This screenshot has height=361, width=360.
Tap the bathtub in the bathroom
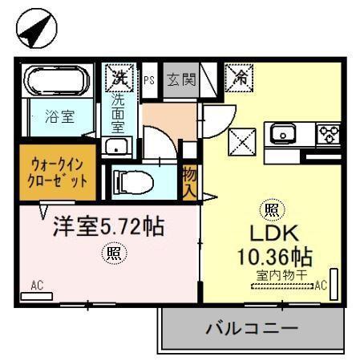coord(58,81)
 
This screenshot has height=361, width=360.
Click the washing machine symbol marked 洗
coord(119,78)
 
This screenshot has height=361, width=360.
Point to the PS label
coord(149,79)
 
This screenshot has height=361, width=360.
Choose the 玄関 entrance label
coord(180,79)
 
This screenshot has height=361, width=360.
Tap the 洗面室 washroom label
coord(119,113)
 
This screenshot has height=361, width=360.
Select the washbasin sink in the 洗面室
coord(119,147)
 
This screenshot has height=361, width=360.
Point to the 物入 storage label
coord(189,181)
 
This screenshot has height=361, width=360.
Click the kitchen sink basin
coord(284,133)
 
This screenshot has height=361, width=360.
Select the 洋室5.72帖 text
coord(108,226)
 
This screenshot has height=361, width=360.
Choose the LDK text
coord(272,234)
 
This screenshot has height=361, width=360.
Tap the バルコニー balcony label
coord(251,329)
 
